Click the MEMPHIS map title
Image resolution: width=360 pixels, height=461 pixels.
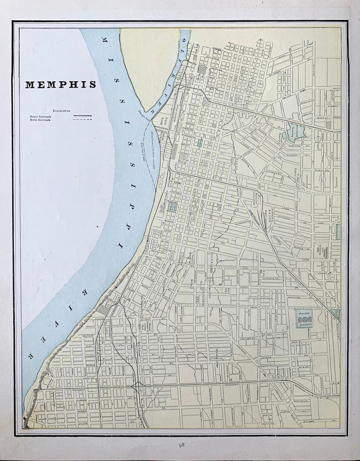[60, 84]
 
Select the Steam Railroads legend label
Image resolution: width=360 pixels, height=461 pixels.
[38, 116]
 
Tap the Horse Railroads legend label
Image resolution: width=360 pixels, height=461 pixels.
[38, 120]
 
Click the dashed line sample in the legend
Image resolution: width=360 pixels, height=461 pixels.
[83, 120]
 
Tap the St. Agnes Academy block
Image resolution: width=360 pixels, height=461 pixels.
[305, 319]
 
